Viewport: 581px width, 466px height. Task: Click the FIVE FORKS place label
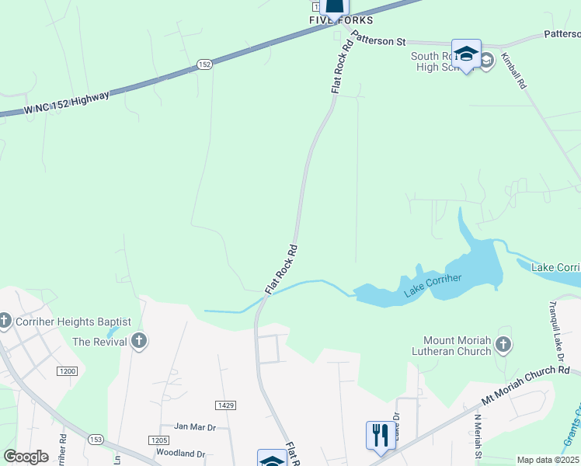[340, 20]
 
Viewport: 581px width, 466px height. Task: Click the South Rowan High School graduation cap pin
[466, 54]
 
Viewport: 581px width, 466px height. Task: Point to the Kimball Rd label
[513, 71]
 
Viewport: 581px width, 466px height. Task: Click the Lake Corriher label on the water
[433, 285]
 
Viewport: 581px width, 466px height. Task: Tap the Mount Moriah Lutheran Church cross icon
[503, 344]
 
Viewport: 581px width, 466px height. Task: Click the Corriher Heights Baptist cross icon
[5, 321]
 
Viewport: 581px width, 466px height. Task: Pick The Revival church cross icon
[139, 341]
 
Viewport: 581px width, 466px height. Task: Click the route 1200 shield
[68, 371]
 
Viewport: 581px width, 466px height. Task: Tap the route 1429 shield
[226, 405]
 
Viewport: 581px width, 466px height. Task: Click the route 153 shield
[96, 440]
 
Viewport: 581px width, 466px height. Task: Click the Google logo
[26, 457]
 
